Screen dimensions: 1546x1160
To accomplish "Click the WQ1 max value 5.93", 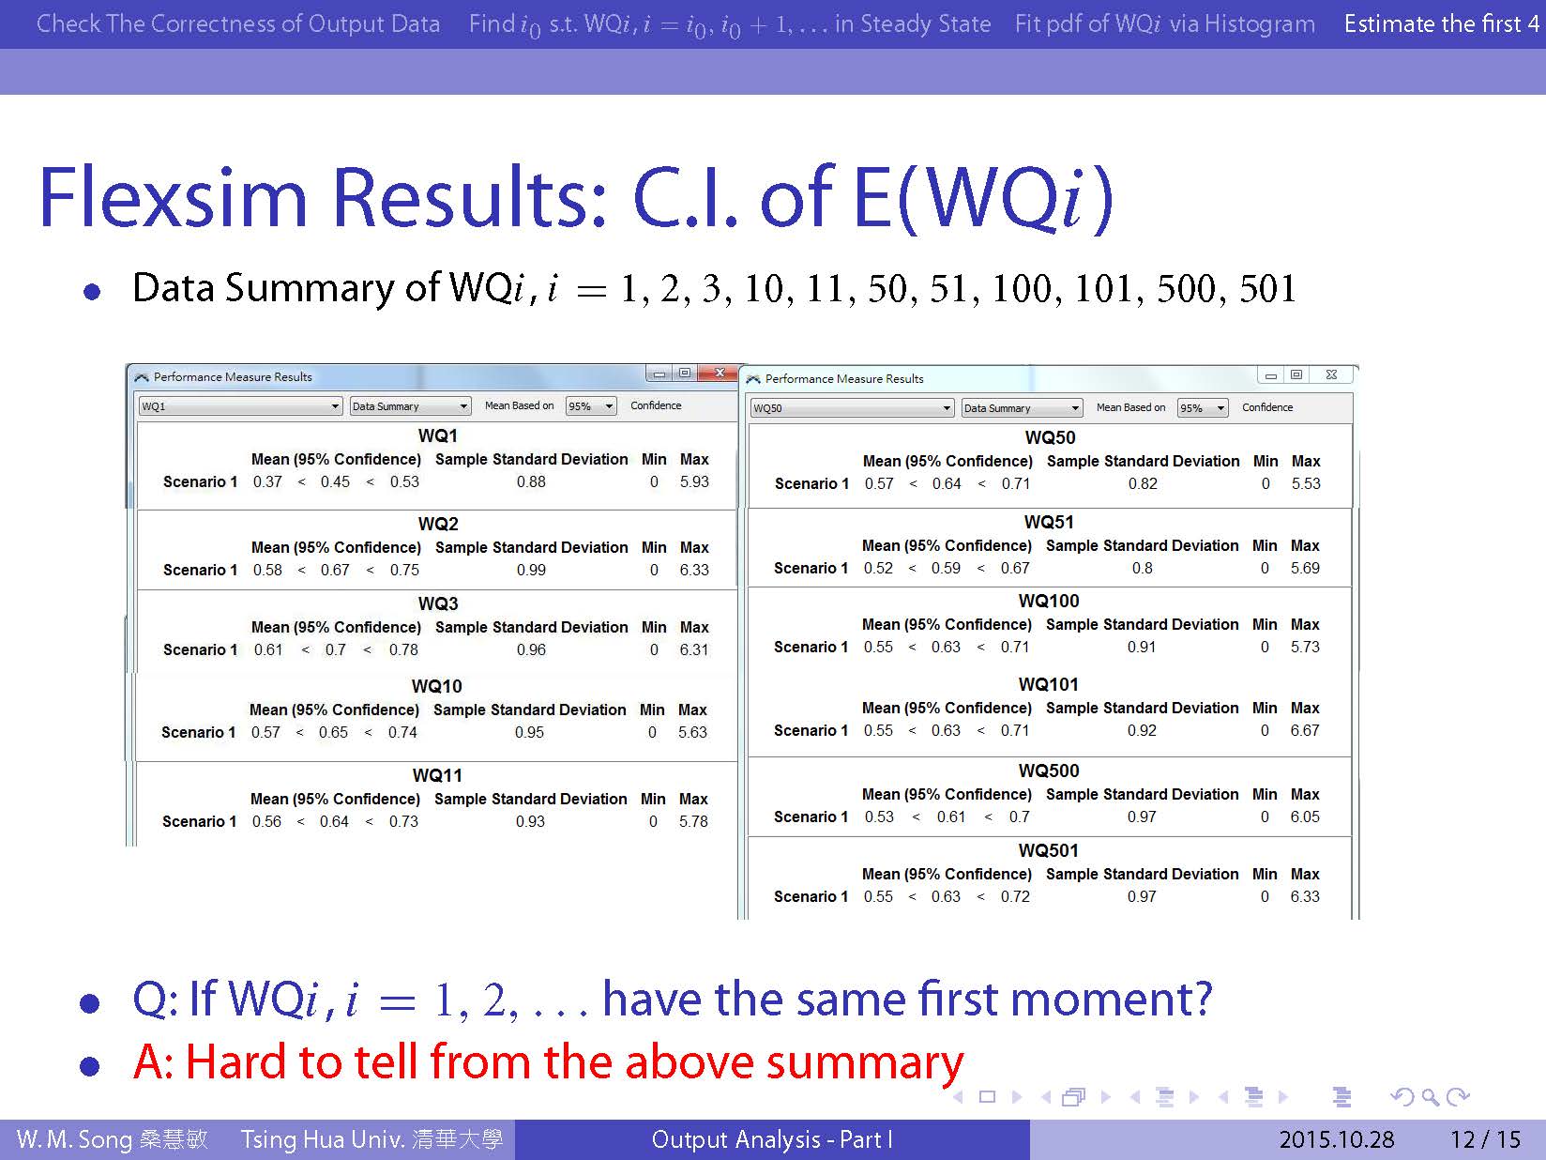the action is (x=694, y=481).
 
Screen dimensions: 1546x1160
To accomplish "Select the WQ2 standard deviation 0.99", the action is (x=531, y=570).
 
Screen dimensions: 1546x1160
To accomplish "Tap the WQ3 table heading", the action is (x=438, y=603).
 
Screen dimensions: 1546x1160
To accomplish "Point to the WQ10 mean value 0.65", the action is (x=333, y=732).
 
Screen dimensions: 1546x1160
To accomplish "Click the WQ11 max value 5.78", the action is (x=693, y=821).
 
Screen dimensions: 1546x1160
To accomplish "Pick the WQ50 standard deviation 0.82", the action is (x=1143, y=484).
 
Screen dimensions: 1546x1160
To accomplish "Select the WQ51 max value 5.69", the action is (x=1305, y=569).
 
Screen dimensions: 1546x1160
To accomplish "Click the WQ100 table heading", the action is (x=1049, y=601).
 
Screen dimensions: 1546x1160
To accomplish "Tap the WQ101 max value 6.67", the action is (x=1305, y=730).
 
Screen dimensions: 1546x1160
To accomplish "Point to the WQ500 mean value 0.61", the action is (x=951, y=817).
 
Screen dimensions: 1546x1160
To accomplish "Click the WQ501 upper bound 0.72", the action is (x=1015, y=896).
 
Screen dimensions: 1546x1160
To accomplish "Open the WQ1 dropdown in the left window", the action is (x=240, y=406).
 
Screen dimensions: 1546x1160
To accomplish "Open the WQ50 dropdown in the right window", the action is (x=852, y=408).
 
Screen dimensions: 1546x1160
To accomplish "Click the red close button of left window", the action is (x=719, y=373).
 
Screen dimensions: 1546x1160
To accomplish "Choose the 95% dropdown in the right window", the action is (x=1203, y=408).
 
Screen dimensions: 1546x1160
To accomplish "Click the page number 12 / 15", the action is (x=1485, y=1139).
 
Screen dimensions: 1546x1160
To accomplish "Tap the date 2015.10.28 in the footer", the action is (x=1336, y=1139).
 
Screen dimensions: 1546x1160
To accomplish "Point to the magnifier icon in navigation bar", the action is (x=1430, y=1097).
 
